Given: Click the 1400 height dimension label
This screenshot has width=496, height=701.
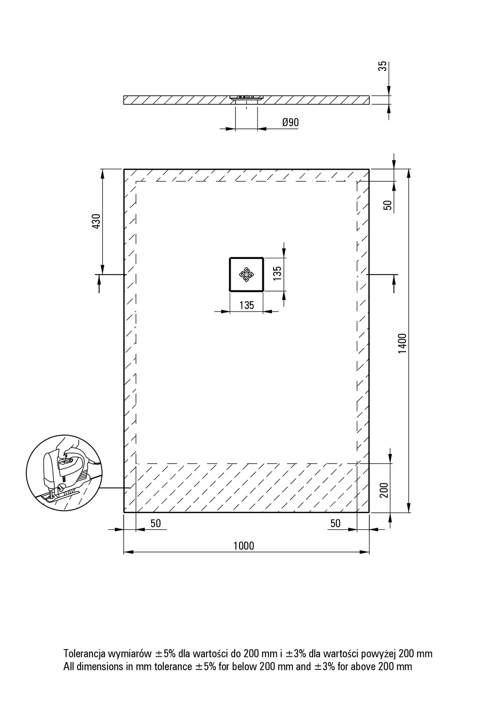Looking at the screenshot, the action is point(402,343).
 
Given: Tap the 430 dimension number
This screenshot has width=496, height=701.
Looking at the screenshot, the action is point(96,221).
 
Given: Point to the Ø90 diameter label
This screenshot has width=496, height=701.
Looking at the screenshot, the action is point(290,122).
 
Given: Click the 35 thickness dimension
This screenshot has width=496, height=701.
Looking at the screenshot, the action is point(382,66).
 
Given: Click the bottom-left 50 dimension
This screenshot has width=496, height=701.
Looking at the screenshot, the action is point(155,523).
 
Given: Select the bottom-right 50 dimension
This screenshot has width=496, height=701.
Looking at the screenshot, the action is point(335,523).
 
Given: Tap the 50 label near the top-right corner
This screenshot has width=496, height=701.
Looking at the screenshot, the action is point(388,205).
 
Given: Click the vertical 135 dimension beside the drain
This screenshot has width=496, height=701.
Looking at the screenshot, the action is point(277,273).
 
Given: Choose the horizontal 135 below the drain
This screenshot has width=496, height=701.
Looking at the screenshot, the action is point(246,305).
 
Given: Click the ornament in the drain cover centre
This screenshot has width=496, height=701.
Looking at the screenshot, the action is point(246,274).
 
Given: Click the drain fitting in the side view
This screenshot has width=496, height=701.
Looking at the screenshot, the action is point(246,98).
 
